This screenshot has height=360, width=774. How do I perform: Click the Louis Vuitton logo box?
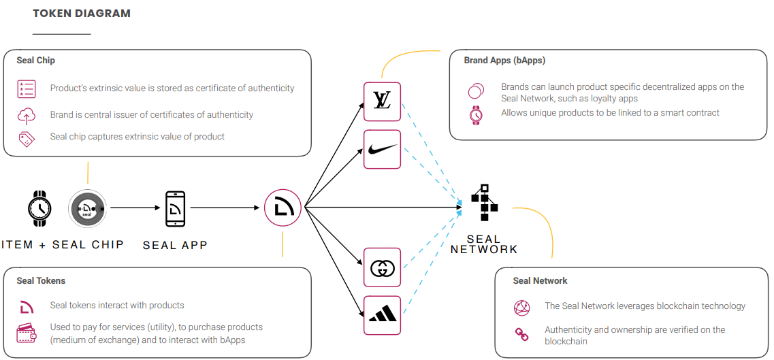click(382, 101)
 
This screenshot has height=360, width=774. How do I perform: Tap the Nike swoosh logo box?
click(382, 149)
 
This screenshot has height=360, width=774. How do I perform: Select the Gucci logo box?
click(382, 267)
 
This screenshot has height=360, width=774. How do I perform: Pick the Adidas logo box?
click(382, 315)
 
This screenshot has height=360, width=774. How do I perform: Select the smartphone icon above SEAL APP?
click(175, 208)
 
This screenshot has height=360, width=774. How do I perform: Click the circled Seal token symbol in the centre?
click(283, 208)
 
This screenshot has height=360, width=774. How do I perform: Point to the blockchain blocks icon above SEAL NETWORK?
click(484, 202)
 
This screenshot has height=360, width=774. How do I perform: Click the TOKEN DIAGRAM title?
click(82, 14)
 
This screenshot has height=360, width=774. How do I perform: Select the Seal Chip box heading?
click(36, 61)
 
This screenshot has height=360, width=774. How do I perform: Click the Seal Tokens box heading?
click(41, 280)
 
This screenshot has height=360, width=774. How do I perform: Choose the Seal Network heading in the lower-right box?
click(540, 280)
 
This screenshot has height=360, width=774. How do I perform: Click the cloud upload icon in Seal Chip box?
click(27, 115)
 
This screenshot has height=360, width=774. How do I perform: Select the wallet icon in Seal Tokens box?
click(27, 333)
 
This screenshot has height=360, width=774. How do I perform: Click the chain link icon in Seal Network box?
click(521, 334)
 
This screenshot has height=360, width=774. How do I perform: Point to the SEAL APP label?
click(175, 245)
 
